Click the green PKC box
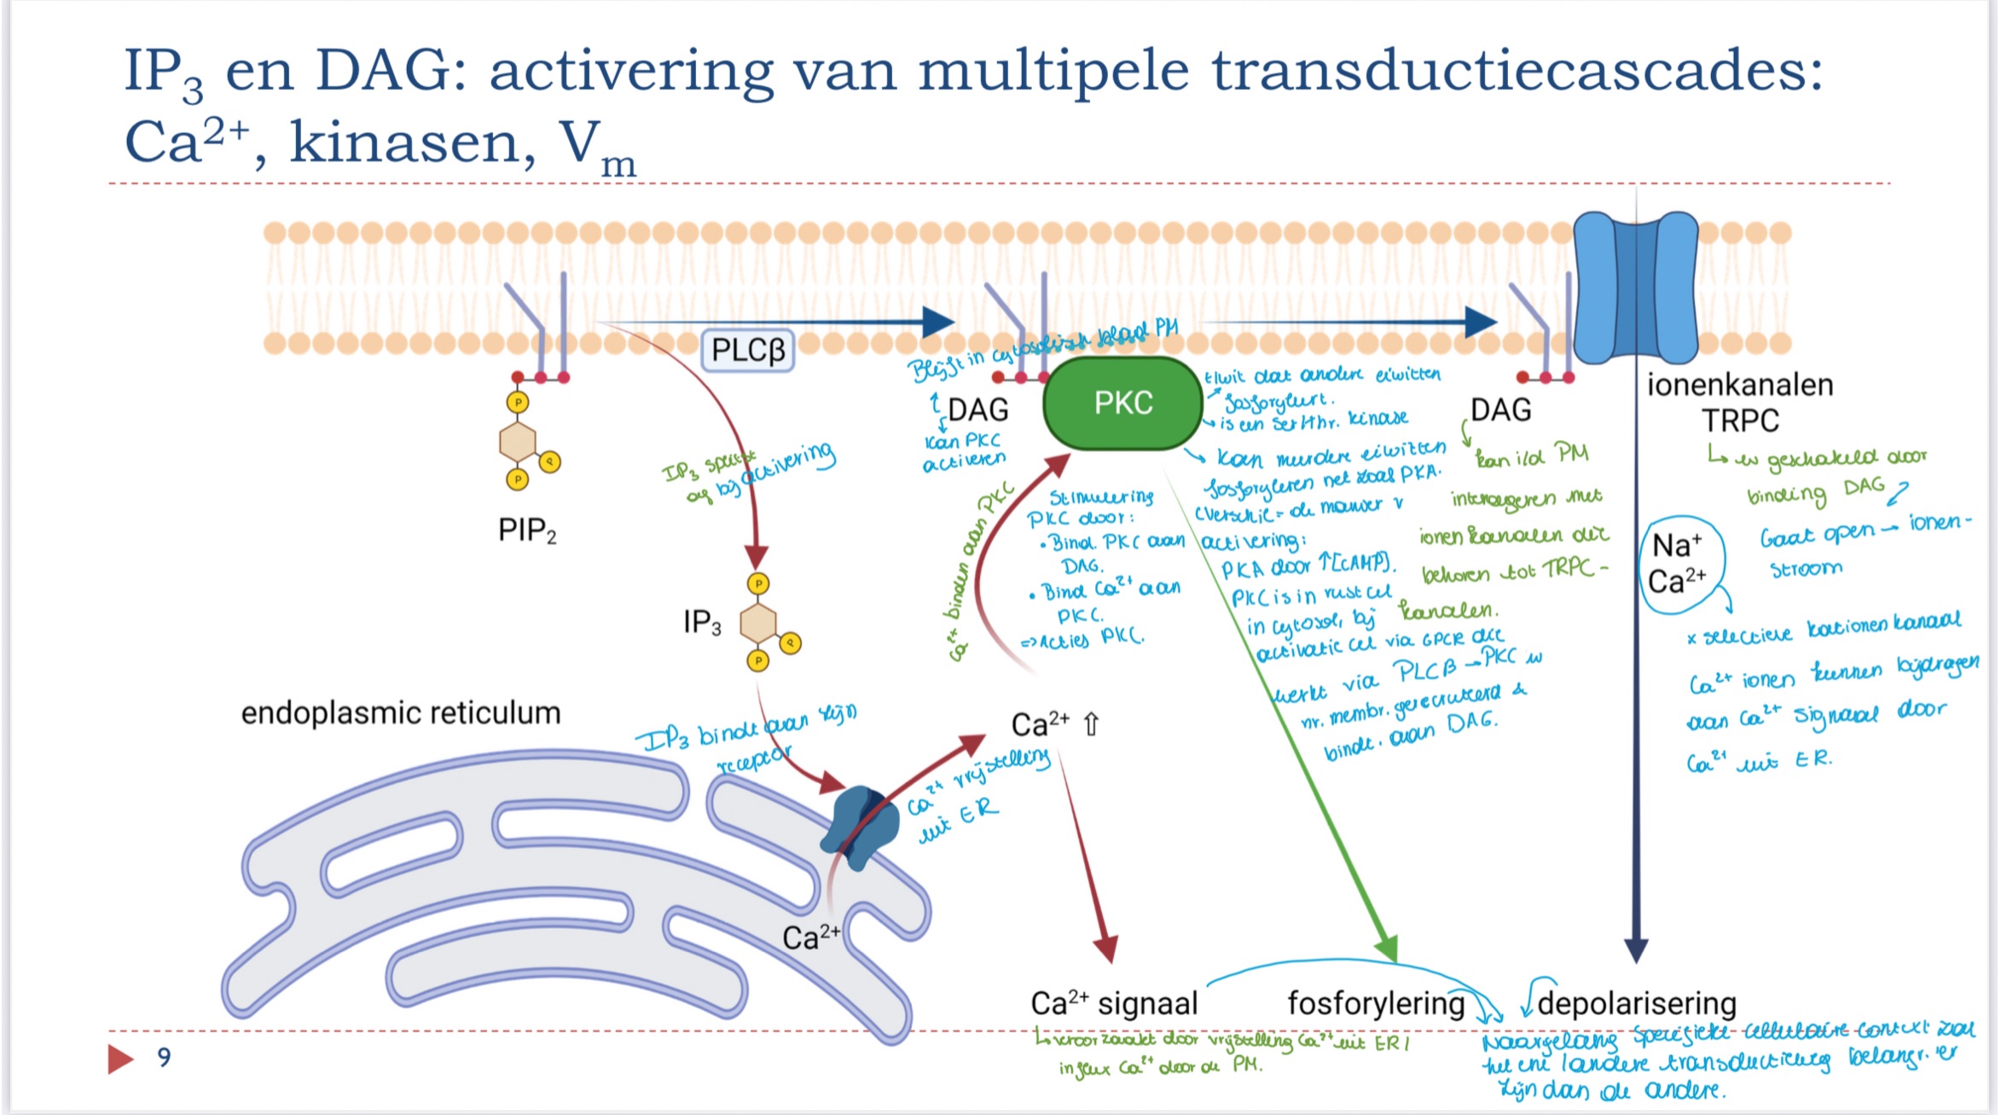(x=1123, y=404)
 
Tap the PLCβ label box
(x=747, y=350)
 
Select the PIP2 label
(x=527, y=531)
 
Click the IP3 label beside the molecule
(x=701, y=622)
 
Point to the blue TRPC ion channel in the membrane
(x=1635, y=287)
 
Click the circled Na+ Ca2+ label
(x=1678, y=565)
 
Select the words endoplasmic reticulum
(x=401, y=712)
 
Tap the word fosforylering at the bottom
(x=1375, y=1003)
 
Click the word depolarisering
(x=1637, y=1003)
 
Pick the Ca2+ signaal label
(x=1114, y=1003)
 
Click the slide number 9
(x=165, y=1058)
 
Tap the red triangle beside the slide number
(x=120, y=1059)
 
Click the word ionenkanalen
(x=1739, y=385)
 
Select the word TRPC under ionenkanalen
(x=1740, y=421)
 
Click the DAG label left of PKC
(x=977, y=410)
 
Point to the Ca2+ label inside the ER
(x=810, y=938)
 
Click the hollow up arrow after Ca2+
(x=1091, y=724)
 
